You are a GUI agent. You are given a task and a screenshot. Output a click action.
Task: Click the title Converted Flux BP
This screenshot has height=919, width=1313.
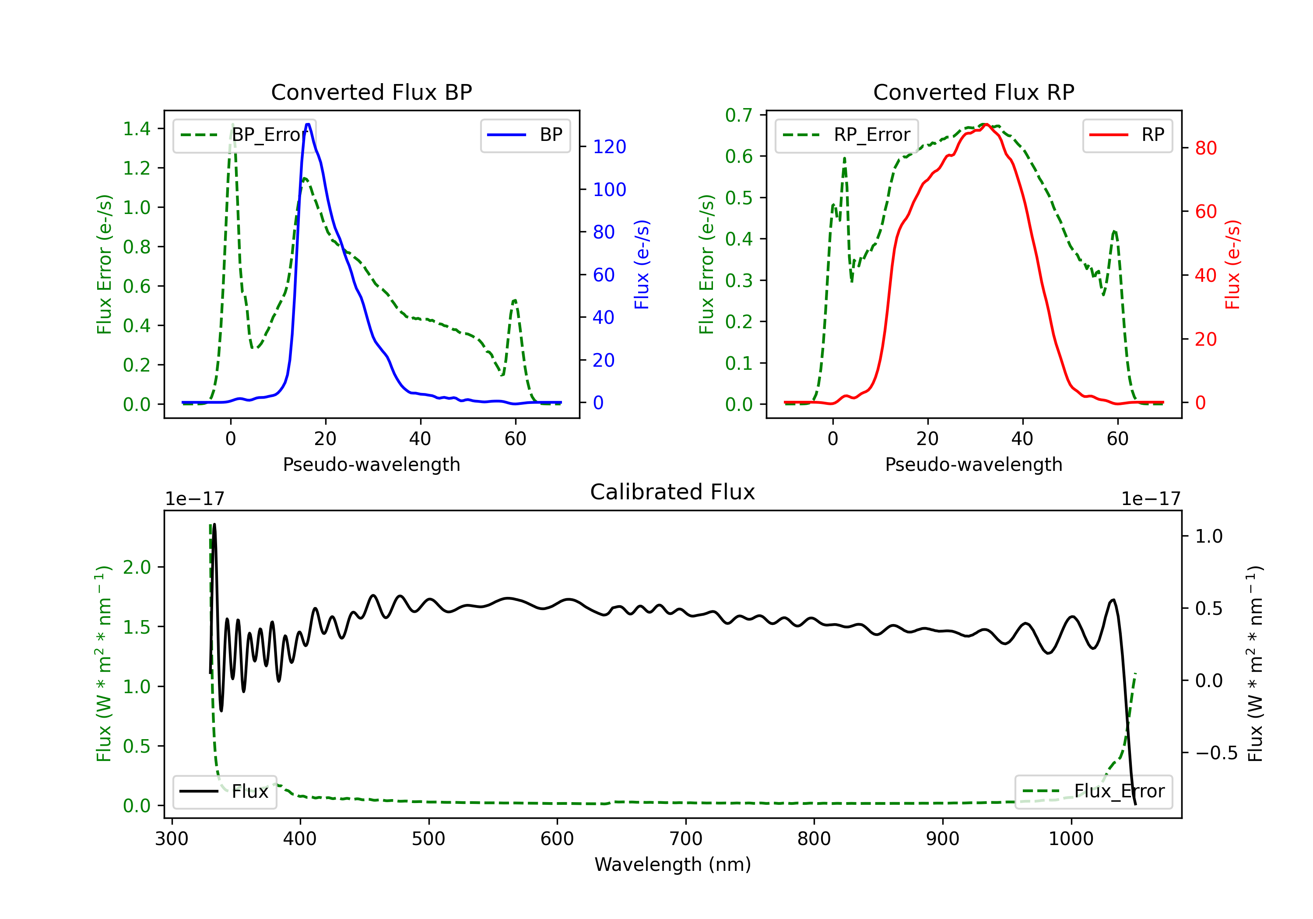[371, 92]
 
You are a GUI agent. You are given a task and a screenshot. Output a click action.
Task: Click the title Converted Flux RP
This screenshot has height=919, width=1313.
[973, 92]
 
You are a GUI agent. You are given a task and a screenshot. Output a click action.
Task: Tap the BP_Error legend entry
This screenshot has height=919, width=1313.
[245, 135]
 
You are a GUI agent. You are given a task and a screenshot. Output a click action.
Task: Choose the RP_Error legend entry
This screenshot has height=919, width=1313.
[847, 135]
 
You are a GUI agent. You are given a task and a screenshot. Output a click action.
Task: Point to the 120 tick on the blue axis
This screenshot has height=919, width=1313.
[609, 147]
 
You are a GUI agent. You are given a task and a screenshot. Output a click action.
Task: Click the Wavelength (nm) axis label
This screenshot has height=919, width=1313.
[673, 864]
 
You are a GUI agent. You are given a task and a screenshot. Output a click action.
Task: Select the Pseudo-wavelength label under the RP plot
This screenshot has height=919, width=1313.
[973, 464]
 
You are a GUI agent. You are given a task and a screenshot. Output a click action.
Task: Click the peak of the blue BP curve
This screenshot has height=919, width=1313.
[308, 124]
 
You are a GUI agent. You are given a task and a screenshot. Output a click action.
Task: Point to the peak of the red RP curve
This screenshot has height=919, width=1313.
[986, 124]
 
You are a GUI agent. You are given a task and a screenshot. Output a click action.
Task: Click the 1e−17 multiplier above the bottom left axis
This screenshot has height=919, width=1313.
[194, 499]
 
